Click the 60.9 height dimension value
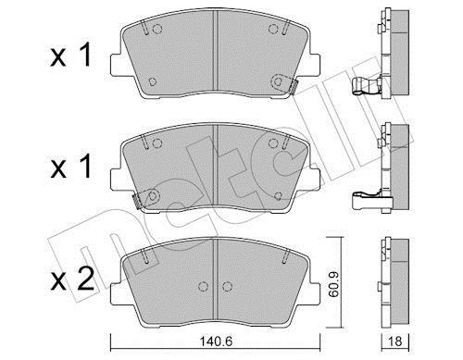[x=333, y=284]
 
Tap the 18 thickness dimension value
[x=394, y=341]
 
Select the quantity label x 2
[x=72, y=279]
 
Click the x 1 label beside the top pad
[x=70, y=55]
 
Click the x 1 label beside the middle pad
[x=70, y=167]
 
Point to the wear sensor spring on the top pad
[x=294, y=87]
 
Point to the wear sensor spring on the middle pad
[x=136, y=201]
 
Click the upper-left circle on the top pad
[x=157, y=29]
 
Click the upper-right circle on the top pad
[x=273, y=29]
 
